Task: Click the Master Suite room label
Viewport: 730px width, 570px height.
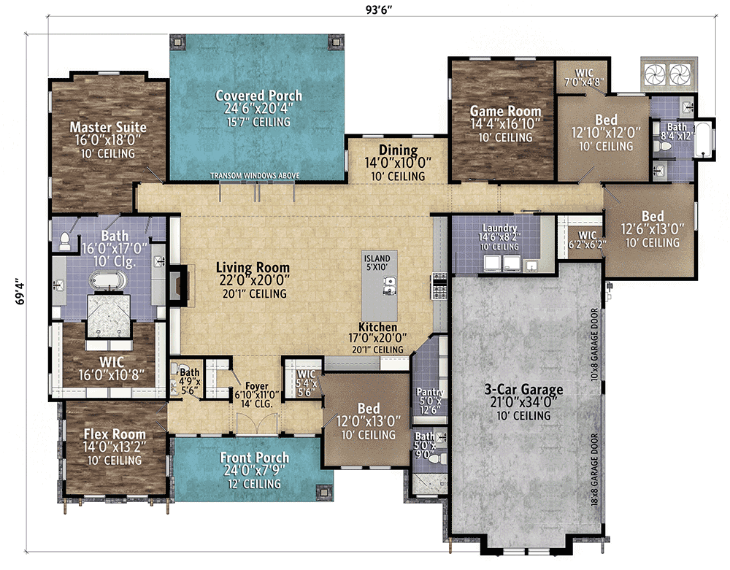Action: pos(108,127)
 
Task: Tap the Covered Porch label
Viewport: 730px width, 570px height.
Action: pos(258,96)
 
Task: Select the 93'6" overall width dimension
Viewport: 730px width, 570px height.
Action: pos(379,9)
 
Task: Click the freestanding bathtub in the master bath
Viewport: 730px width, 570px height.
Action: pos(107,281)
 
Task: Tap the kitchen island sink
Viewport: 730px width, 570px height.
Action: pos(389,285)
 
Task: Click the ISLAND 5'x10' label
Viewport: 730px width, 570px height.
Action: pos(377,263)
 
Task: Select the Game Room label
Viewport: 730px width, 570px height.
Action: pos(505,111)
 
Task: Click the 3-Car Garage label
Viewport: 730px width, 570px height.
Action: pos(523,389)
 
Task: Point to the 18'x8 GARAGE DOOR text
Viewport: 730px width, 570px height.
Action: pos(594,470)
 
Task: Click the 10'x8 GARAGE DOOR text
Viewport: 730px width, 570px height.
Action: pos(594,344)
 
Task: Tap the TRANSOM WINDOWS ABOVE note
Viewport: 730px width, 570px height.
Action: pos(255,175)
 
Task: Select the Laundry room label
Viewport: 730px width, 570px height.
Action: pos(499,228)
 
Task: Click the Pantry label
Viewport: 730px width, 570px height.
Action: pos(430,392)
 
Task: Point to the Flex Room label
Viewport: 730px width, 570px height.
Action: pos(115,434)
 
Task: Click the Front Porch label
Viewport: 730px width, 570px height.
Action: pos(254,458)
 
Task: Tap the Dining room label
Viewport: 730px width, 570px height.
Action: pos(398,150)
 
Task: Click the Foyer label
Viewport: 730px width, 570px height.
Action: pos(256,386)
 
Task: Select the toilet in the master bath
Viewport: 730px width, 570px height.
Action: pos(65,241)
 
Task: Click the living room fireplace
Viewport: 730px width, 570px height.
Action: pos(179,284)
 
